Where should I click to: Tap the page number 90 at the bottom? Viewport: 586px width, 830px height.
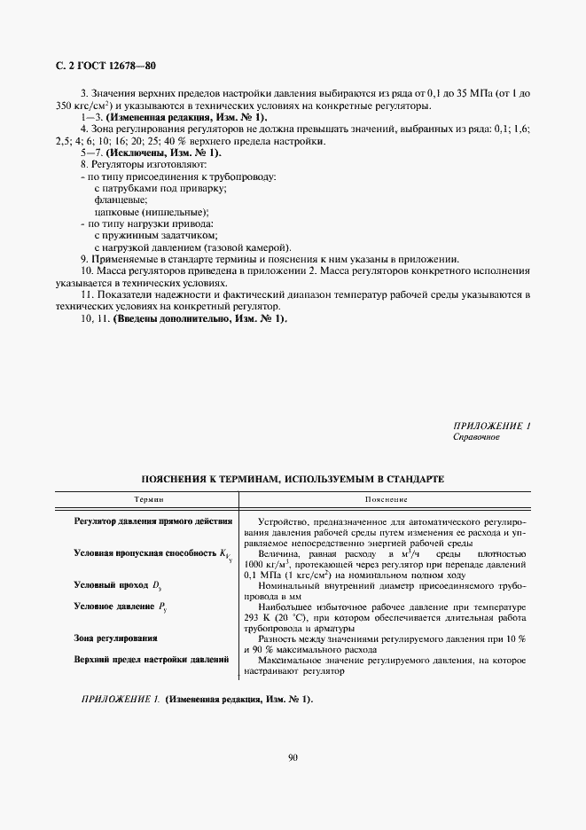[293, 756]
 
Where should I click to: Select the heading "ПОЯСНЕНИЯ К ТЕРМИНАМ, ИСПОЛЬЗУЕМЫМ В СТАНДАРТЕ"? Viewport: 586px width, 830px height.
[292, 479]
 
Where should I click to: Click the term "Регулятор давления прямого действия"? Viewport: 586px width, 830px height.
[152, 521]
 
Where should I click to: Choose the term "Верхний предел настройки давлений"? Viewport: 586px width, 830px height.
[152, 660]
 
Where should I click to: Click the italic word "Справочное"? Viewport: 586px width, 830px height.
[477, 437]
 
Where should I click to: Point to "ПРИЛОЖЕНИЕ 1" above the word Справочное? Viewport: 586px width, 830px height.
[491, 426]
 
